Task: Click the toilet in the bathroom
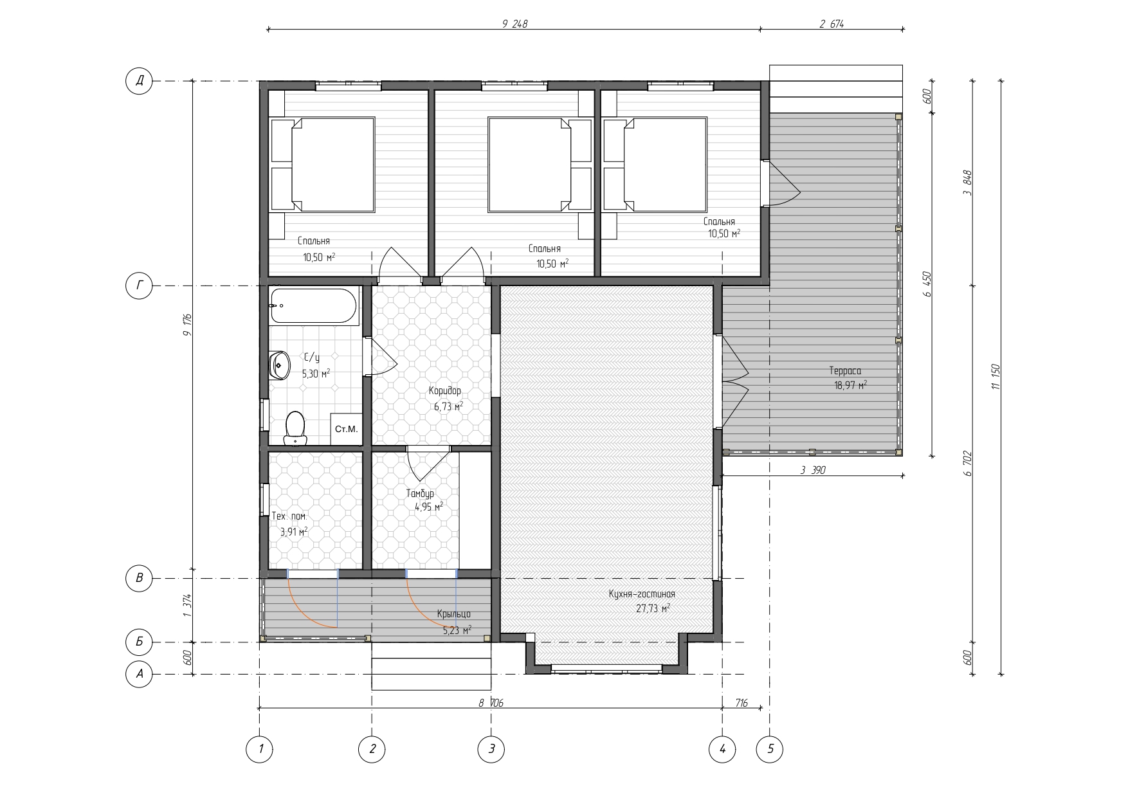[295, 428]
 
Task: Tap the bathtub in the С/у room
[313, 306]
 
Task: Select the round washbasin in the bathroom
[279, 365]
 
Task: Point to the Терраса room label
[845, 371]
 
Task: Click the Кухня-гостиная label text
[642, 594]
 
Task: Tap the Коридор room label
[445, 391]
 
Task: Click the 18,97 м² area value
[851, 385]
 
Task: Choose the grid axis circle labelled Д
[139, 81]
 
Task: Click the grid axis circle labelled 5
[770, 749]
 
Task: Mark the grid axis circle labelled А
[139, 674]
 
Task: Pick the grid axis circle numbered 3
[491, 749]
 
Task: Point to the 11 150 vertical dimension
[996, 377]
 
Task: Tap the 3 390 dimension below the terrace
[813, 470]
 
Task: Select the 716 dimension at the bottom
[741, 703]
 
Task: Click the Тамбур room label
[420, 493]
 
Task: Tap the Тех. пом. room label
[289, 516]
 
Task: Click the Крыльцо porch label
[453, 614]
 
